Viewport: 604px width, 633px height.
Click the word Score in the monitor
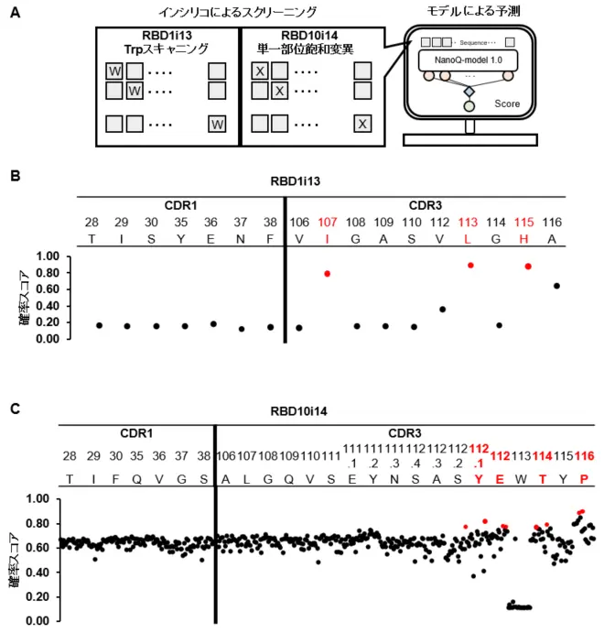point(506,104)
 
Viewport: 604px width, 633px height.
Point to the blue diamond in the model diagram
point(469,91)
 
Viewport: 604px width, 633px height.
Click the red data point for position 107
point(328,273)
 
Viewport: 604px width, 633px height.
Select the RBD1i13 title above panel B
point(320,183)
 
